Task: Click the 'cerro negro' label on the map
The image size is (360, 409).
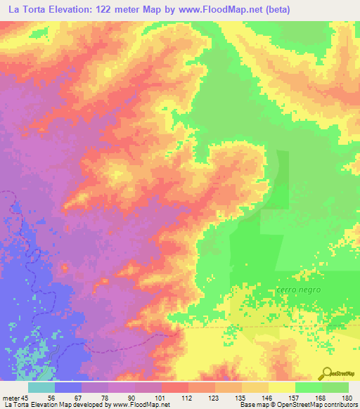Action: tap(298, 290)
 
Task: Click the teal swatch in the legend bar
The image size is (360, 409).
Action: tap(41, 387)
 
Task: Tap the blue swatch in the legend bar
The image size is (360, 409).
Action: tap(67, 387)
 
